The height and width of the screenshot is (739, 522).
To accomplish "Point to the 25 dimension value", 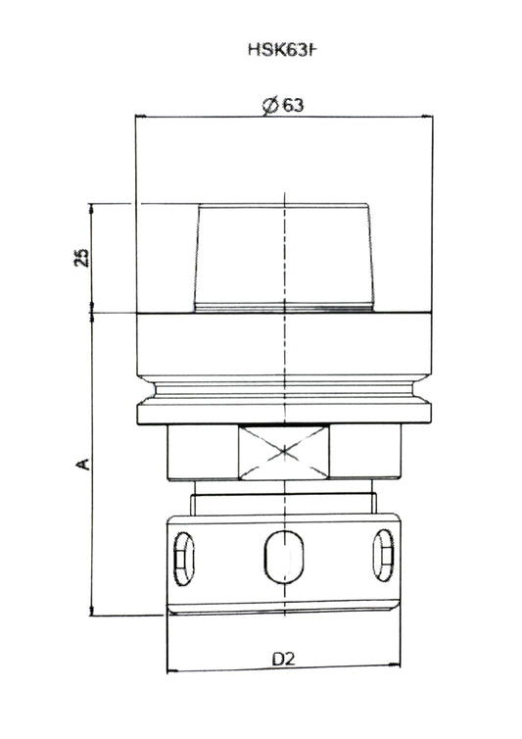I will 82,258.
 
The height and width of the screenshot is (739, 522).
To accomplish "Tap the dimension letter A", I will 83,462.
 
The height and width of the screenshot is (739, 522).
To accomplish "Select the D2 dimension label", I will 283,659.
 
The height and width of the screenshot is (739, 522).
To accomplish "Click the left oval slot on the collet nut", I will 183,557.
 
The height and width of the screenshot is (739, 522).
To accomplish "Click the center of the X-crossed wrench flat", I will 283,452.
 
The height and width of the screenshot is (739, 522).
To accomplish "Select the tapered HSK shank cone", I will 283,258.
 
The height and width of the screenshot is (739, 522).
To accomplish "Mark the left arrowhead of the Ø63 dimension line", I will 139,116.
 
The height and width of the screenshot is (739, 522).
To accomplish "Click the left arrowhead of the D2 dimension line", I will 171,670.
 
